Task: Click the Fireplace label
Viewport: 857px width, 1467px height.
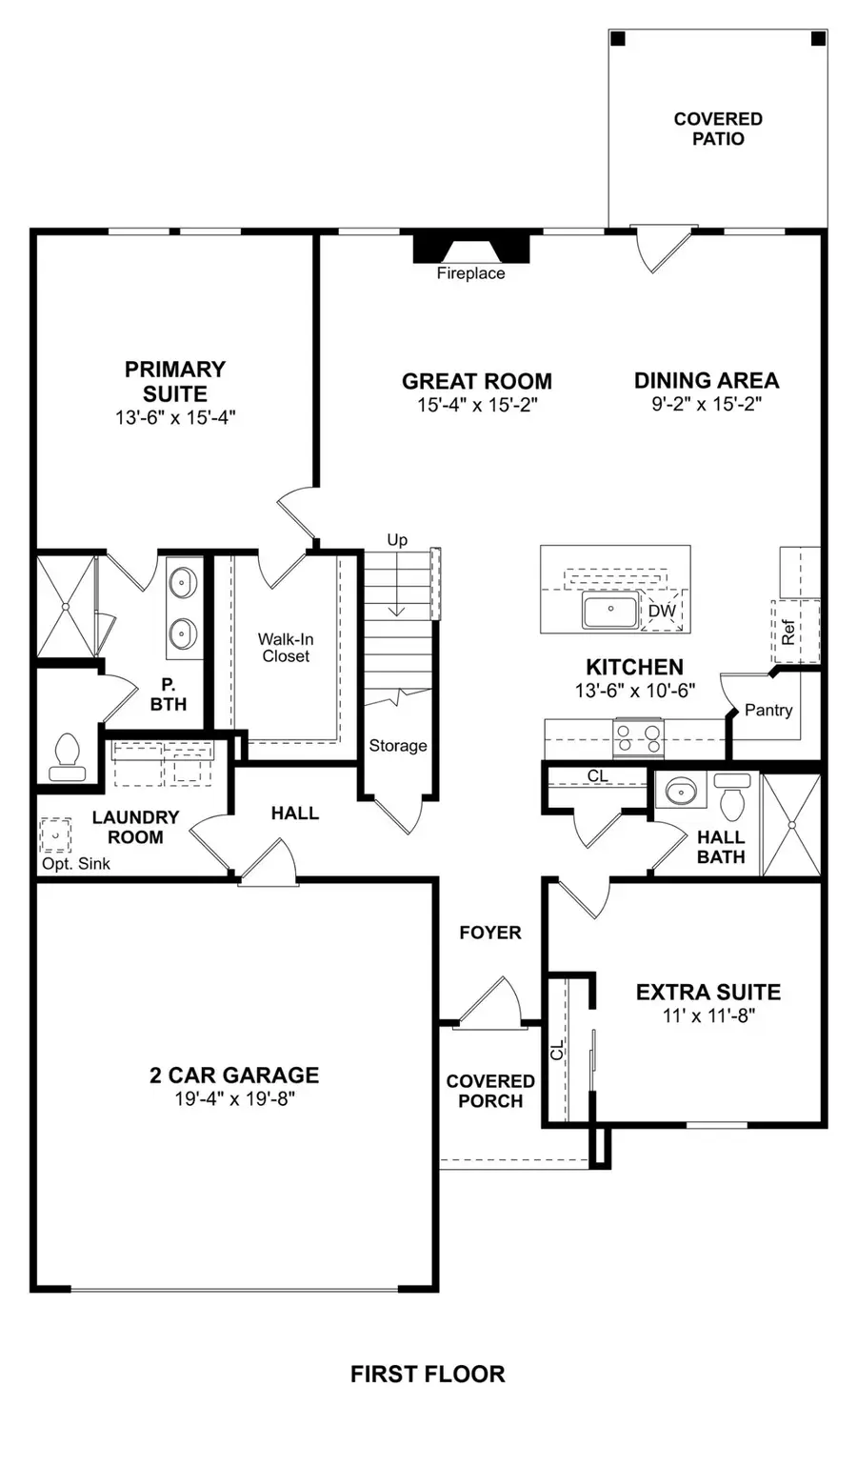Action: point(470,274)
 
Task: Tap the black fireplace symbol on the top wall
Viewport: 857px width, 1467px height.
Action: point(470,248)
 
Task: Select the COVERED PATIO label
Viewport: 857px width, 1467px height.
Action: point(718,129)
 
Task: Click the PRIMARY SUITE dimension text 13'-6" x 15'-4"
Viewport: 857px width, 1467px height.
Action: point(175,417)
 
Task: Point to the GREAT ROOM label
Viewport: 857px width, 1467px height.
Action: point(476,381)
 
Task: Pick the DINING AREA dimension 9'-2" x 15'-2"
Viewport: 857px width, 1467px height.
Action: point(707,404)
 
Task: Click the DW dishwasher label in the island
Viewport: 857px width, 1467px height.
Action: point(662,612)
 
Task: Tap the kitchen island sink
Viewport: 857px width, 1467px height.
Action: point(610,612)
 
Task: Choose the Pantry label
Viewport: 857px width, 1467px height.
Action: point(768,711)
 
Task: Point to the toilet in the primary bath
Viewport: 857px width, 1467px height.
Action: point(66,751)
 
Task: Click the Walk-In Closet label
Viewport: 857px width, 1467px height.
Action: point(286,648)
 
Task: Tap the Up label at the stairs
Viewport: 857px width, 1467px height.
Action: point(397,540)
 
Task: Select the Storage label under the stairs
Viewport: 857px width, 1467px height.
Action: point(398,746)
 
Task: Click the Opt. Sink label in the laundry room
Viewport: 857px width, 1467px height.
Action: point(76,864)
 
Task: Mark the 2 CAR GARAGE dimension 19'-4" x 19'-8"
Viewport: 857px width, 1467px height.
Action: point(234,1099)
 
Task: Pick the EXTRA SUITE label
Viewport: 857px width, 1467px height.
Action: point(708,992)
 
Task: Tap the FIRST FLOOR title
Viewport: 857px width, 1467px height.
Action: point(428,1374)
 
